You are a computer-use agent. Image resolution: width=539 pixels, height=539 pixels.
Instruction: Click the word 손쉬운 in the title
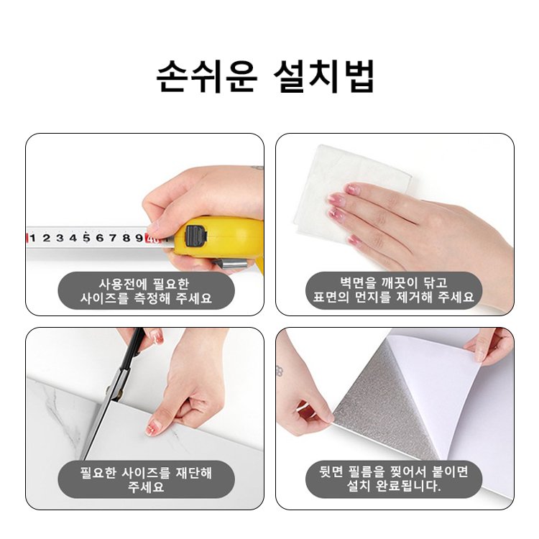point(207,76)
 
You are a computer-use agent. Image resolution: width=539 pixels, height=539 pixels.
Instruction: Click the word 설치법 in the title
point(324,76)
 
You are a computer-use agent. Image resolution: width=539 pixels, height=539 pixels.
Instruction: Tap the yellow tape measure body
point(220,237)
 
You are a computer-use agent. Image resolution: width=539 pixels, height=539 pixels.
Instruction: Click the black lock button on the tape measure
point(196,236)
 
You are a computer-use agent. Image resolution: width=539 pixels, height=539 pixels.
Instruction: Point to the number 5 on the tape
point(86,238)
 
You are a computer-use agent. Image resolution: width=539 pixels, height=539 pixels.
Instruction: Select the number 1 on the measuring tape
point(32,238)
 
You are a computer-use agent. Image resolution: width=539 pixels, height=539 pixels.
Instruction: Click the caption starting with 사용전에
point(146,291)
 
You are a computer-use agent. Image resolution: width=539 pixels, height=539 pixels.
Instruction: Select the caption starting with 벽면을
point(394,290)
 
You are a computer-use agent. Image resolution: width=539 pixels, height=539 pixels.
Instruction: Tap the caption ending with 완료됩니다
point(394,479)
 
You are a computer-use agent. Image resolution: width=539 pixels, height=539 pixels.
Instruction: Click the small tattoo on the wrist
point(280,371)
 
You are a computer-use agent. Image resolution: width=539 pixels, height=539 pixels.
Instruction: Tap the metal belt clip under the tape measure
point(230,264)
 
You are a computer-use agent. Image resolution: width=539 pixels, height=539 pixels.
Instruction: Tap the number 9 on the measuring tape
point(139,238)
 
